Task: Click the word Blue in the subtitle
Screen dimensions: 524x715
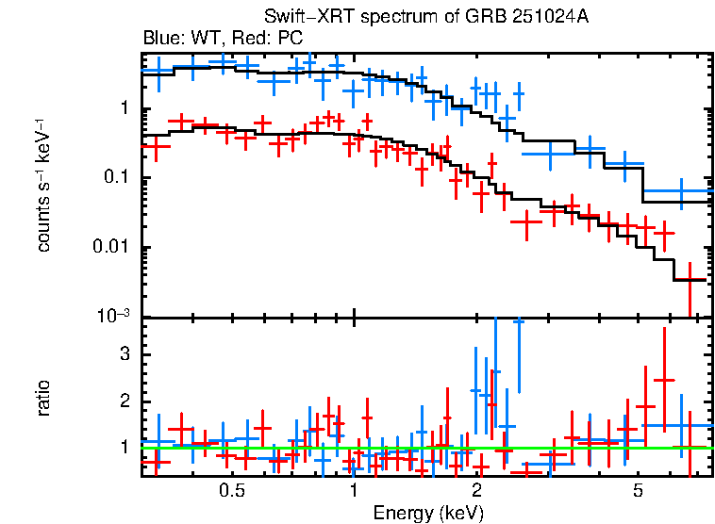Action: [x=159, y=38]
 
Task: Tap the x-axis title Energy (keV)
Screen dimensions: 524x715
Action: [x=428, y=513]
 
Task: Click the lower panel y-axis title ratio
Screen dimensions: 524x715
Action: [x=43, y=398]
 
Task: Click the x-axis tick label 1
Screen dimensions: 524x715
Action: [x=353, y=491]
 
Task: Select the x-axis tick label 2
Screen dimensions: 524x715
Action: [x=477, y=491]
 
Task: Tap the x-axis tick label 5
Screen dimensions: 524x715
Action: [x=638, y=491]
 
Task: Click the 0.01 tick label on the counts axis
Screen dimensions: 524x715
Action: [x=109, y=248]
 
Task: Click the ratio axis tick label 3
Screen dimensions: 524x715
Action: [x=122, y=354]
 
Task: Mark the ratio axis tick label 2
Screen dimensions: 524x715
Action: [x=122, y=401]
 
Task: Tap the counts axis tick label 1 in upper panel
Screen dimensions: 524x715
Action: [x=123, y=109]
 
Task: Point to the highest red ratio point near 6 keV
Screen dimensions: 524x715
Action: [x=665, y=380]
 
